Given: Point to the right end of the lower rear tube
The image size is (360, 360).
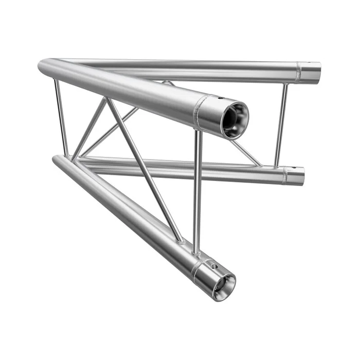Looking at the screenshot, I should tap(297, 176).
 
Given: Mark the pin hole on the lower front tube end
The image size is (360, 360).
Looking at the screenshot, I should tap(214, 266).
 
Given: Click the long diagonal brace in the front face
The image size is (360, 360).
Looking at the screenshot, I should tap(144, 170).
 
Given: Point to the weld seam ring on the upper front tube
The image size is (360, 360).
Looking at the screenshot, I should tap(198, 112).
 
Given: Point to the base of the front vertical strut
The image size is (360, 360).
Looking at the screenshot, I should tap(195, 252).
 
